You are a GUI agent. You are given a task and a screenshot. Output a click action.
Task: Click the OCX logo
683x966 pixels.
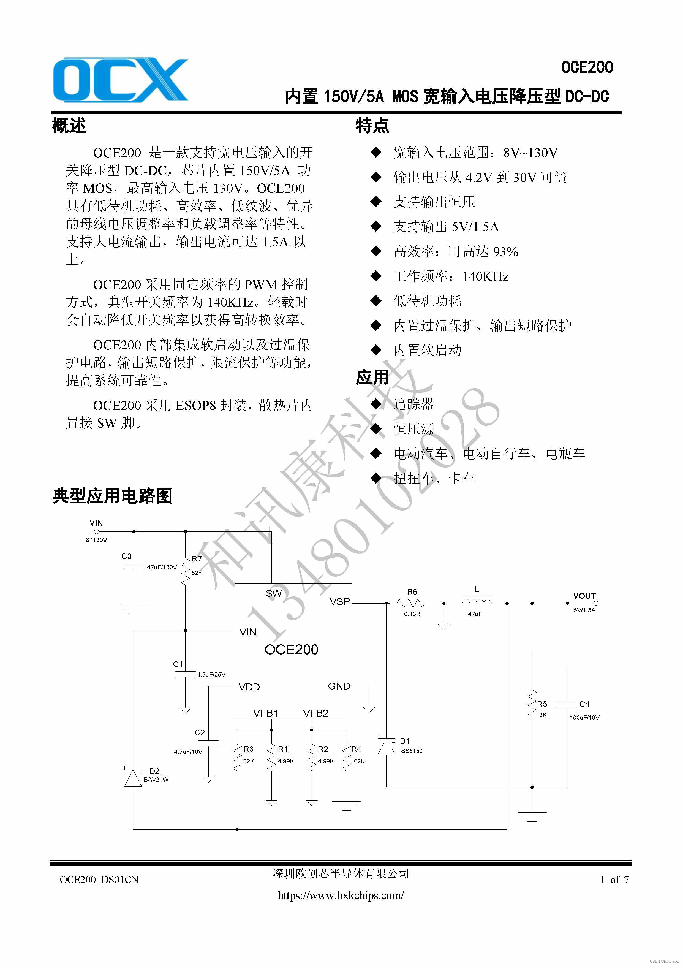point(120,80)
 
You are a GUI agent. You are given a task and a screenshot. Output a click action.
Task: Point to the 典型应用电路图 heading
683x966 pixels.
point(112,496)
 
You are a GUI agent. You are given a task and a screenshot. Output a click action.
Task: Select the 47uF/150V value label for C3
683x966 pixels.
point(162,567)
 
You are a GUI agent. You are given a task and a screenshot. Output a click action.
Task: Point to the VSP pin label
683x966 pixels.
point(340,602)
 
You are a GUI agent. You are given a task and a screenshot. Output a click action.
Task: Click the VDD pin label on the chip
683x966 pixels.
point(249,687)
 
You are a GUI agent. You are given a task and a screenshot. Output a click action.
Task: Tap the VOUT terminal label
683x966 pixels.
point(584,596)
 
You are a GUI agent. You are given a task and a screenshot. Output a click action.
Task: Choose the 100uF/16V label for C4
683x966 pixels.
point(585,717)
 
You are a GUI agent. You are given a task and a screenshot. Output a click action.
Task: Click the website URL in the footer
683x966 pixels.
point(341,896)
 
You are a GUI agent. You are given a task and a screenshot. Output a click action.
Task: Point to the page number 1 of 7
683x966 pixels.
point(614,880)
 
